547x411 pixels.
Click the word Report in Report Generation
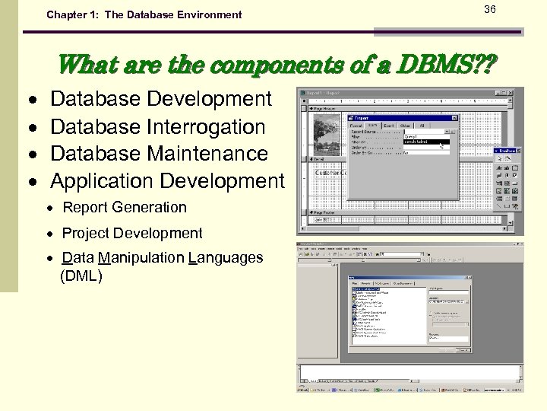point(84,207)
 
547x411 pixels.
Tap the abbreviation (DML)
point(81,276)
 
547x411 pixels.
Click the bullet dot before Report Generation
point(49,208)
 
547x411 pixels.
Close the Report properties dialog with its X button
point(454,119)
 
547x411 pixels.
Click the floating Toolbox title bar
point(505,151)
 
